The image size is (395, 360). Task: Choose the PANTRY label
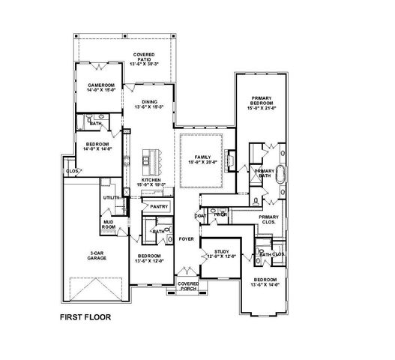(158, 206)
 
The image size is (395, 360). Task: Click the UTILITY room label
(112, 197)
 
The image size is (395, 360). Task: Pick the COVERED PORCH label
(188, 286)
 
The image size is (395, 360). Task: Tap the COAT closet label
(201, 216)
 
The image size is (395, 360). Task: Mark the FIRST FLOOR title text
(85, 317)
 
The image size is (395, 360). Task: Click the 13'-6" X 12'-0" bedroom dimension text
(151, 260)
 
